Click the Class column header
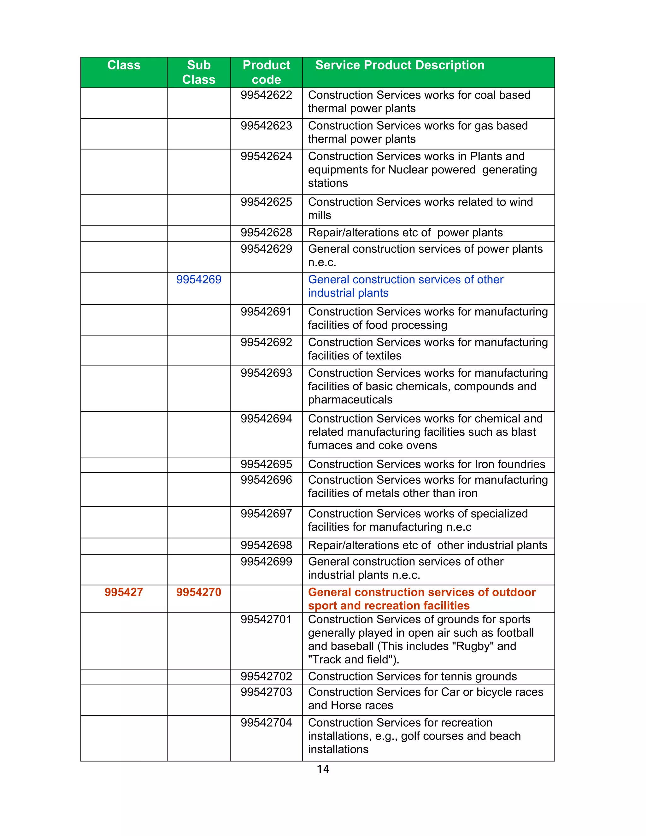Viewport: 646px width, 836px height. [124, 65]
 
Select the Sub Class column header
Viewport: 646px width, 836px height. [199, 72]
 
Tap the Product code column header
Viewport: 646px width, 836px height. [266, 72]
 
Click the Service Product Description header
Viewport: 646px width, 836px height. [400, 65]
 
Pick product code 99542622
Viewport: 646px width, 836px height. [266, 95]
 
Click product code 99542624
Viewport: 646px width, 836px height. [266, 156]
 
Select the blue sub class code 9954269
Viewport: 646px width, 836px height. [199, 280]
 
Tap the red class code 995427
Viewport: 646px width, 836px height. [124, 592]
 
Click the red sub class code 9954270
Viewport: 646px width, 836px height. [199, 592]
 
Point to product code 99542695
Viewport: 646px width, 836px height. [266, 464]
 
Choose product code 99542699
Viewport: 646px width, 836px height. [266, 562]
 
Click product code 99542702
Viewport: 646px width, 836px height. [266, 676]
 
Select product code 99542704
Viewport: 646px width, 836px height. [266, 722]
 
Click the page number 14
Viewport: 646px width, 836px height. [323, 769]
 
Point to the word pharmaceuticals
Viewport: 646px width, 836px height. [350, 400]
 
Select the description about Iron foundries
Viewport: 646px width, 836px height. [426, 464]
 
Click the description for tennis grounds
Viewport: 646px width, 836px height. [412, 676]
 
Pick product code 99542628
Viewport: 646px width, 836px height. [266, 233]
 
